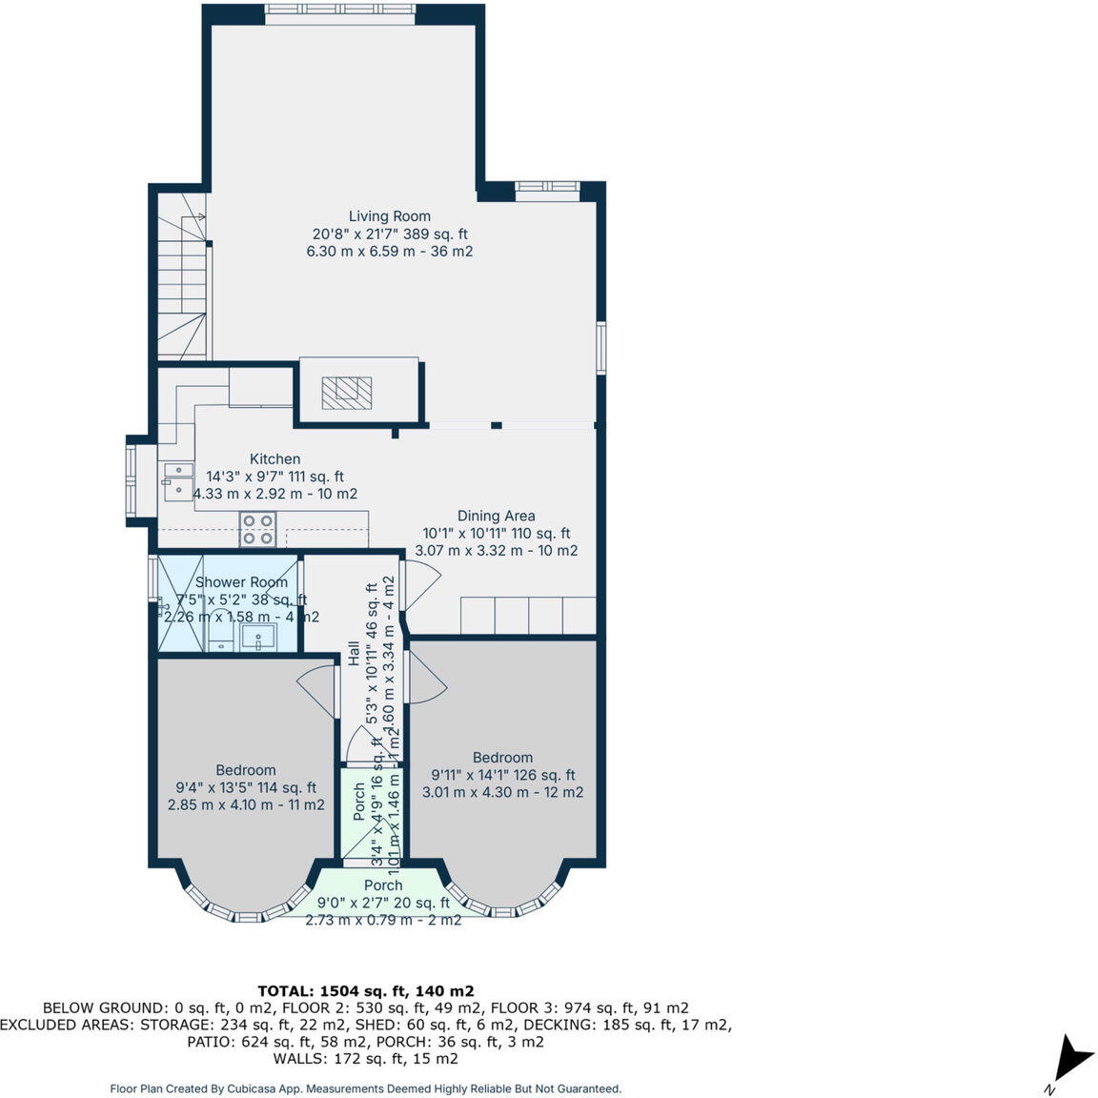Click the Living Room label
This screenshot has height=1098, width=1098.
389,216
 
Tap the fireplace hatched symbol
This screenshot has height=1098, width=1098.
346,392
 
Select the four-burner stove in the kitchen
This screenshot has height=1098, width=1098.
257,529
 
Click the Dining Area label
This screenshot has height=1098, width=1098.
496,516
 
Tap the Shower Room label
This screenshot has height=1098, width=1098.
241,582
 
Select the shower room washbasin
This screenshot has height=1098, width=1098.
257,636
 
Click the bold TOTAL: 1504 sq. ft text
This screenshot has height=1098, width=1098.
366,990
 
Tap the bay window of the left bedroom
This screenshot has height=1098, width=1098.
247,906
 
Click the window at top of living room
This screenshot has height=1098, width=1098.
339,10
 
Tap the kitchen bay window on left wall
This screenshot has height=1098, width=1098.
133,481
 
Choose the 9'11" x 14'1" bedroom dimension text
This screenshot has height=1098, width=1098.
503,775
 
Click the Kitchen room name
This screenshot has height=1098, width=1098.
274,459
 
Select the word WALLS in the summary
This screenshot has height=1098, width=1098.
298,1059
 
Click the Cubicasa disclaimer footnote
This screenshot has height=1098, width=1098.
366,1088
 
